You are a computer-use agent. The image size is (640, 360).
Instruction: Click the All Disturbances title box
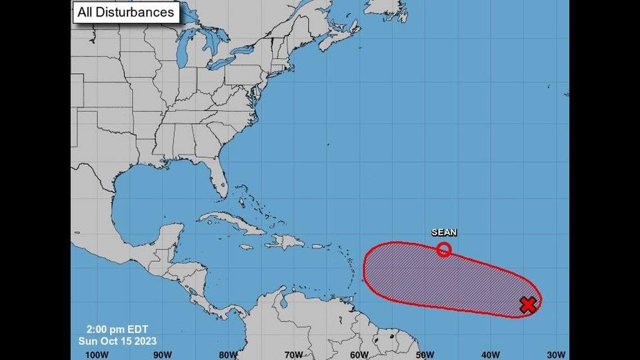click(126, 12)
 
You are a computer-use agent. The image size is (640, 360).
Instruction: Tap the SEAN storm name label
click(444, 232)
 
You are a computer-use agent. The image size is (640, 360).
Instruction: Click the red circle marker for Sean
click(444, 249)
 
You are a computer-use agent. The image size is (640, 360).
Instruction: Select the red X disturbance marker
click(528, 305)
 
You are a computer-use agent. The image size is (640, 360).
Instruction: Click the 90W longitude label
click(163, 354)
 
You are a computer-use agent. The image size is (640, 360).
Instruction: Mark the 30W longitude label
click(556, 354)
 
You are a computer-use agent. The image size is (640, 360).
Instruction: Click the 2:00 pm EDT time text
click(117, 330)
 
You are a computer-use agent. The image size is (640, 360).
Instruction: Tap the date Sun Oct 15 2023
click(117, 340)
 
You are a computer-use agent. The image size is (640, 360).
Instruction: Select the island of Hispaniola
click(284, 242)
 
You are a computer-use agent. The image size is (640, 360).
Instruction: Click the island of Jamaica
click(246, 247)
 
